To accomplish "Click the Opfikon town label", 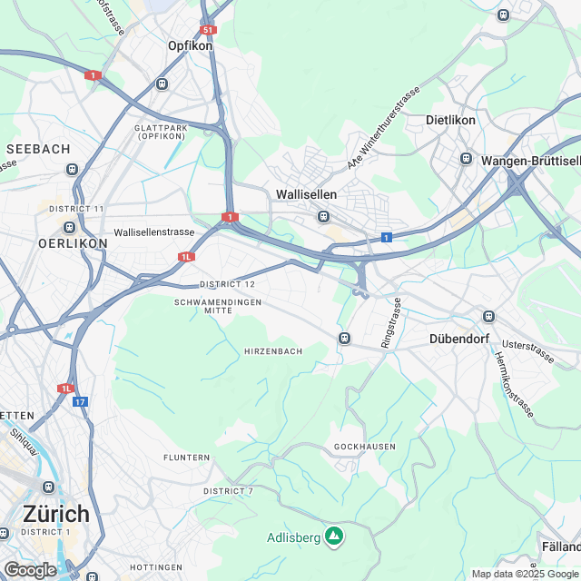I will coord(190,44).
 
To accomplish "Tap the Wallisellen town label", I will coord(306,195).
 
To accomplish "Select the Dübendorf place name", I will coord(458,340).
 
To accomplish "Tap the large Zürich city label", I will coord(56,512).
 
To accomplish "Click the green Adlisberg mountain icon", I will coord(334,537).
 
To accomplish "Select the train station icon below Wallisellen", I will coord(322,216).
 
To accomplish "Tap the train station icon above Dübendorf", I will coord(489,316).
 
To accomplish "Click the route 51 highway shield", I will coord(209,30).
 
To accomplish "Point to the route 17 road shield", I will coord(80,400).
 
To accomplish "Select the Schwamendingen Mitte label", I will coord(217,306).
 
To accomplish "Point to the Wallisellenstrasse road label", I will coord(154,232).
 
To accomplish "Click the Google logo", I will coord(30,570).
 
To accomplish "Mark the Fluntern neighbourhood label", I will coord(188,458).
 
